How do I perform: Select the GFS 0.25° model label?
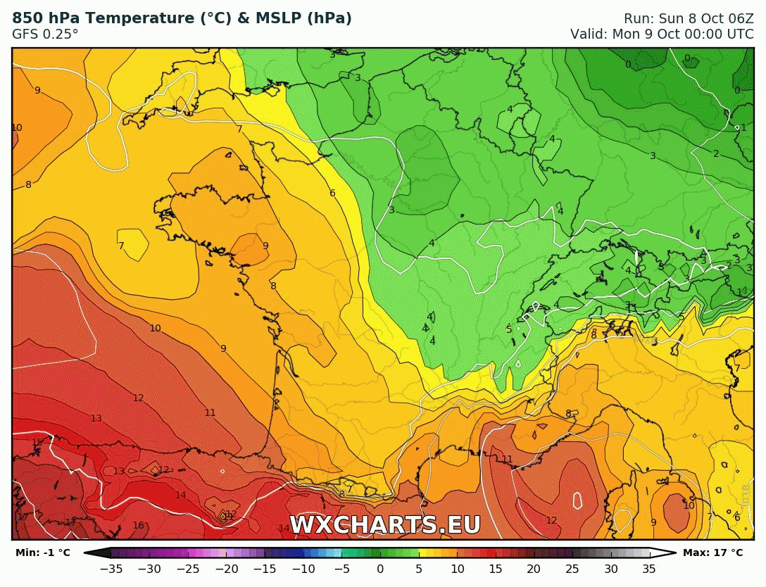pos(45,34)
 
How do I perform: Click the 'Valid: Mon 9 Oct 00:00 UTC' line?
pos(662,34)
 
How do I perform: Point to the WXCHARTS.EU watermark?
pos(385,525)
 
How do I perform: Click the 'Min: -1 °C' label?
pos(43,553)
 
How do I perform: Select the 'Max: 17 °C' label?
pos(712,553)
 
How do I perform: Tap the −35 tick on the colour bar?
pos(111,569)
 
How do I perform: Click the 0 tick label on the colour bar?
pos(380,569)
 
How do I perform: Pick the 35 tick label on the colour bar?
pos(649,569)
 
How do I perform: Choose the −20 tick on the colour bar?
pos(227,569)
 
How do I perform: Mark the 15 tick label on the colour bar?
pos(496,569)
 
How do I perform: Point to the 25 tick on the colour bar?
pos(572,569)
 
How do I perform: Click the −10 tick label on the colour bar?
pos(303,569)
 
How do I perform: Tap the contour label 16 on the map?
pos(139,525)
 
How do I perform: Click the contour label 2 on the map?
pos(716,153)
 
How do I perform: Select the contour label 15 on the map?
pos(37,442)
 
